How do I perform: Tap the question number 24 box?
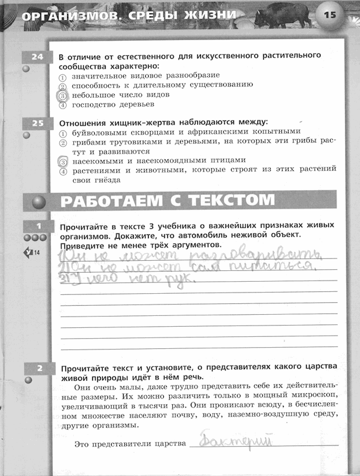point(38,56)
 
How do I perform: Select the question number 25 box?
point(38,123)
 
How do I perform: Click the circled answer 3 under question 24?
point(62,95)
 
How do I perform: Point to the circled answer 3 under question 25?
point(62,161)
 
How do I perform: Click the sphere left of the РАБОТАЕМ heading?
point(38,201)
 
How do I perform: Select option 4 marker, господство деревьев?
point(62,105)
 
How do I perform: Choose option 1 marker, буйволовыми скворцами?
point(62,132)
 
